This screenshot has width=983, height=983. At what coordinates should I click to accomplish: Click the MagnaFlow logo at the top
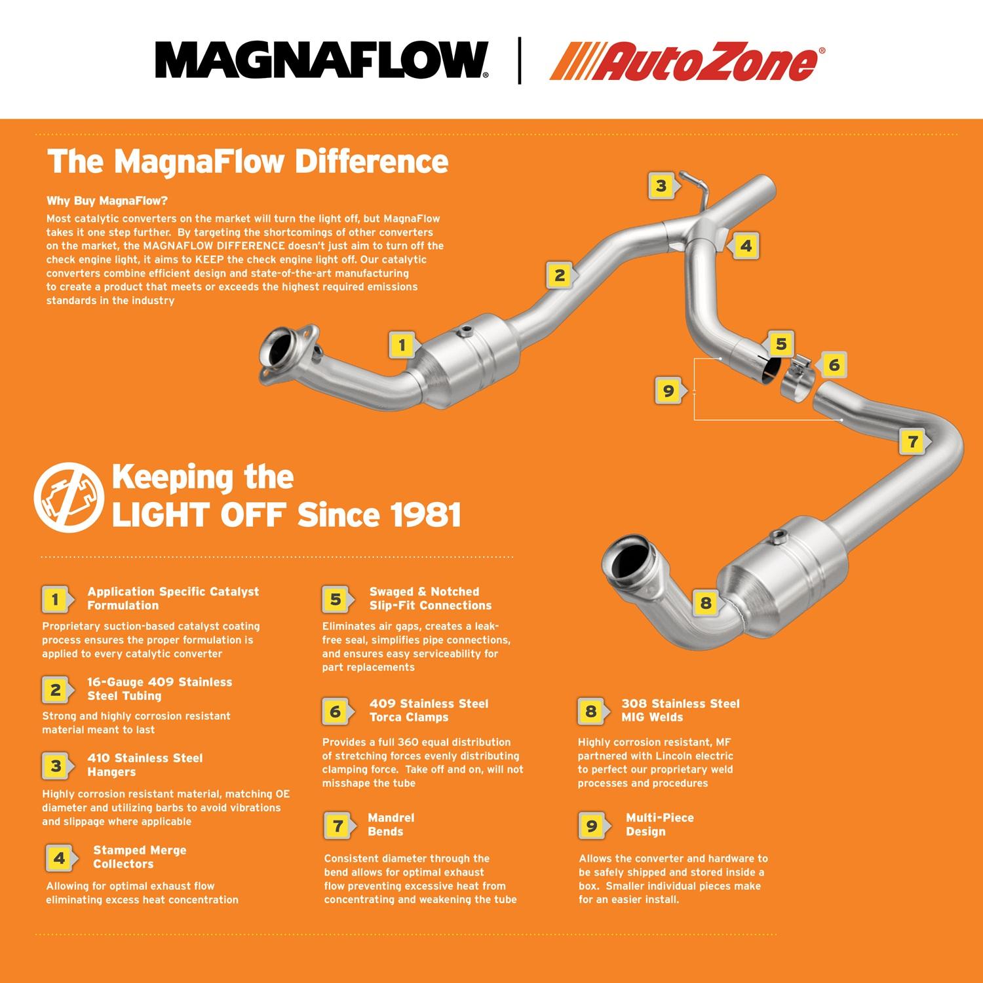pyautogui.click(x=321, y=60)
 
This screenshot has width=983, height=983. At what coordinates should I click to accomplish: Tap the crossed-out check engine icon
pyautogui.click(x=69, y=496)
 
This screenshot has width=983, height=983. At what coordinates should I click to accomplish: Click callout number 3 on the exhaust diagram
pyautogui.click(x=661, y=185)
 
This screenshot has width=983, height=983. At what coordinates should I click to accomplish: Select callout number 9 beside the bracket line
pyautogui.click(x=668, y=391)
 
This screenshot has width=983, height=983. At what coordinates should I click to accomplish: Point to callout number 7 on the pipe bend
pyautogui.click(x=913, y=442)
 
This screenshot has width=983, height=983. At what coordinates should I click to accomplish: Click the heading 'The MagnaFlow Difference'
pyautogui.click(x=248, y=161)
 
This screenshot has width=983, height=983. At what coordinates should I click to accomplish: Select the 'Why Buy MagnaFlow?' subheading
pyautogui.click(x=107, y=201)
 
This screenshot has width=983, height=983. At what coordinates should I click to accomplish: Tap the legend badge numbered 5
pyautogui.click(x=335, y=599)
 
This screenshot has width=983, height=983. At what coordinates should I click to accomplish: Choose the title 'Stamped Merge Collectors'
pyautogui.click(x=140, y=857)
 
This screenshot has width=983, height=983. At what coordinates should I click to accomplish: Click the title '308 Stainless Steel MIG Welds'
pyautogui.click(x=680, y=710)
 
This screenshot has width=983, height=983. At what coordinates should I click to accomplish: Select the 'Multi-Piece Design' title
pyautogui.click(x=659, y=824)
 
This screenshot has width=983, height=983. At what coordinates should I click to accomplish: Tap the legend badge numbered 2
pyautogui.click(x=56, y=689)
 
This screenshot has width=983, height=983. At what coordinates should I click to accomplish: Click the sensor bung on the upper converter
pyautogui.click(x=467, y=331)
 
